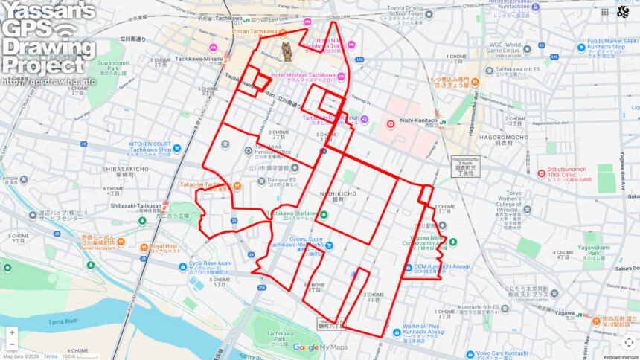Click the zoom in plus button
12,333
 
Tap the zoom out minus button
12,345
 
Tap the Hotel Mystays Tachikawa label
304,75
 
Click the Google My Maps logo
320,347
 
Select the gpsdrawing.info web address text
48,81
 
